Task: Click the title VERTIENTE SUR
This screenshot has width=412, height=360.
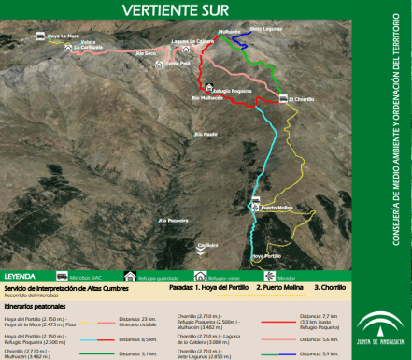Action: (x=175, y=10)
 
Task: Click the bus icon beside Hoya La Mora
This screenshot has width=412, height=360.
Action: (x=40, y=36)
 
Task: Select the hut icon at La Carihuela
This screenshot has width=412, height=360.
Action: (x=70, y=50)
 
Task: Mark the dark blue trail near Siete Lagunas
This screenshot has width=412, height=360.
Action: (x=240, y=42)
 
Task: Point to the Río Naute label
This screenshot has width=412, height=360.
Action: (x=205, y=135)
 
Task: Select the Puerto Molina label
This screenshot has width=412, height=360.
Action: (x=277, y=207)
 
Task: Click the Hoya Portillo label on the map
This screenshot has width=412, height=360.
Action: (x=266, y=255)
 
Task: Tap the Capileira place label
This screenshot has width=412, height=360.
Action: (x=207, y=245)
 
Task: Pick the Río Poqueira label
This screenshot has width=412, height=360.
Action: (x=174, y=220)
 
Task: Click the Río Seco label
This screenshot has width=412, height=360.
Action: (x=146, y=53)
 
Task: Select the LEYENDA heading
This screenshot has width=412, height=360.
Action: (x=21, y=277)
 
